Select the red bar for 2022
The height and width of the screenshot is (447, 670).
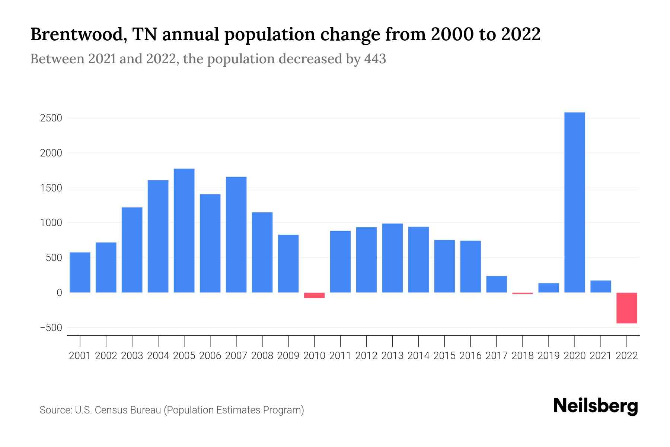click(x=626, y=308)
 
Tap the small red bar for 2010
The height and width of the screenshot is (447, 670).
click(x=314, y=295)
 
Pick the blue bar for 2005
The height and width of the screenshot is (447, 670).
click(x=184, y=231)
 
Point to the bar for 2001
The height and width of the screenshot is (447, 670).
click(x=80, y=272)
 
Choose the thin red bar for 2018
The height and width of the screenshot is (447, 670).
click(x=522, y=293)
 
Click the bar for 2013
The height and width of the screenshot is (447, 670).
click(x=392, y=258)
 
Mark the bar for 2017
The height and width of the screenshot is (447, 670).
click(x=496, y=284)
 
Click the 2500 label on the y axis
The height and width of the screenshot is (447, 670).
click(x=51, y=118)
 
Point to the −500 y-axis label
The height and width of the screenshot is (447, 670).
click(x=51, y=328)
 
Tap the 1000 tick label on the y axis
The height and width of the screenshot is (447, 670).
click(x=51, y=223)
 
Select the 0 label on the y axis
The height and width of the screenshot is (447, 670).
click(x=59, y=293)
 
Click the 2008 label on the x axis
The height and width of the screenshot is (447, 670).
click(x=262, y=356)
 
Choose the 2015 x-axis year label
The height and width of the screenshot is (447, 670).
click(x=444, y=356)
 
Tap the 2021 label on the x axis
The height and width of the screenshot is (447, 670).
click(x=600, y=356)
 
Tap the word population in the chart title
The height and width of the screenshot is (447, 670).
click(x=269, y=35)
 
